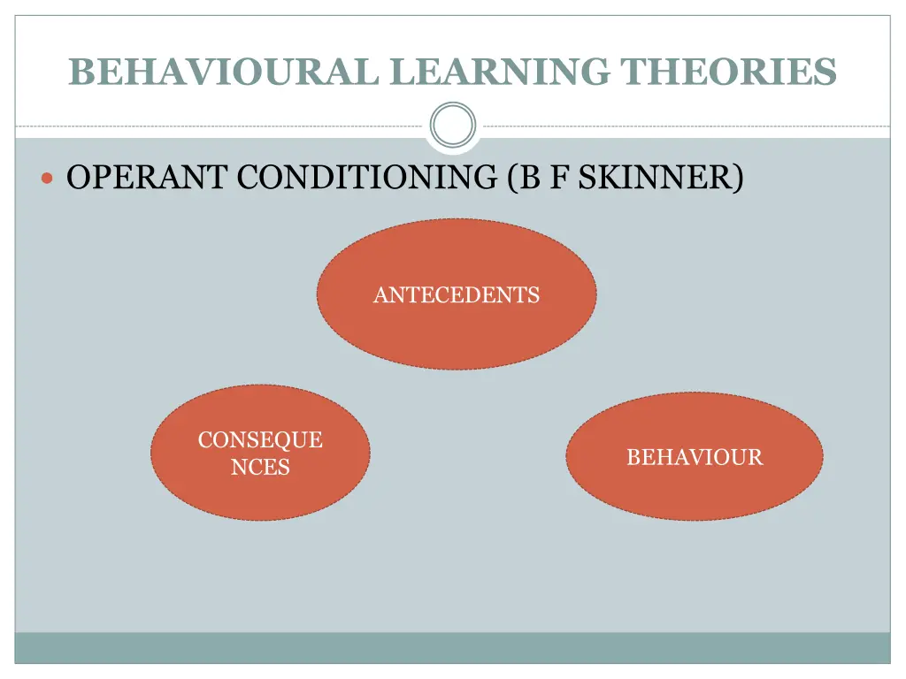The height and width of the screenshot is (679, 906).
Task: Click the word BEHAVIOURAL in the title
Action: click(x=226, y=72)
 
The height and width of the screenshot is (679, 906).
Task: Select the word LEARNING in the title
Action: click(x=501, y=72)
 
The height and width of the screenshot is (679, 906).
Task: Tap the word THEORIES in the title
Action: click(x=728, y=72)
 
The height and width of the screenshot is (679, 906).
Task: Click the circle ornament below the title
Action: click(x=453, y=126)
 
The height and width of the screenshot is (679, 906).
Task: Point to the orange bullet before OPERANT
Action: click(x=49, y=179)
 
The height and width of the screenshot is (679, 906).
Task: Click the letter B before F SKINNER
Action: click(x=530, y=178)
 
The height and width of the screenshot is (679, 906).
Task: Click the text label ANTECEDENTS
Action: click(x=456, y=295)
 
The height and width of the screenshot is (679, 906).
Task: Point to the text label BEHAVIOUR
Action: click(x=695, y=457)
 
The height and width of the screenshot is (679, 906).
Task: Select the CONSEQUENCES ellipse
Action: click(x=260, y=495)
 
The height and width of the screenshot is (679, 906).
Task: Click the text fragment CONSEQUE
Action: click(x=260, y=440)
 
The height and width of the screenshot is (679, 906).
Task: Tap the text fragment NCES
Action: click(x=260, y=467)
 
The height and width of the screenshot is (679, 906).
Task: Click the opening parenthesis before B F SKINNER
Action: click(x=514, y=179)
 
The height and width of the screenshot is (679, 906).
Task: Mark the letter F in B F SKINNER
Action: click(x=556, y=178)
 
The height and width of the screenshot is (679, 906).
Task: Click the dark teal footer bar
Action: click(x=453, y=647)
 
